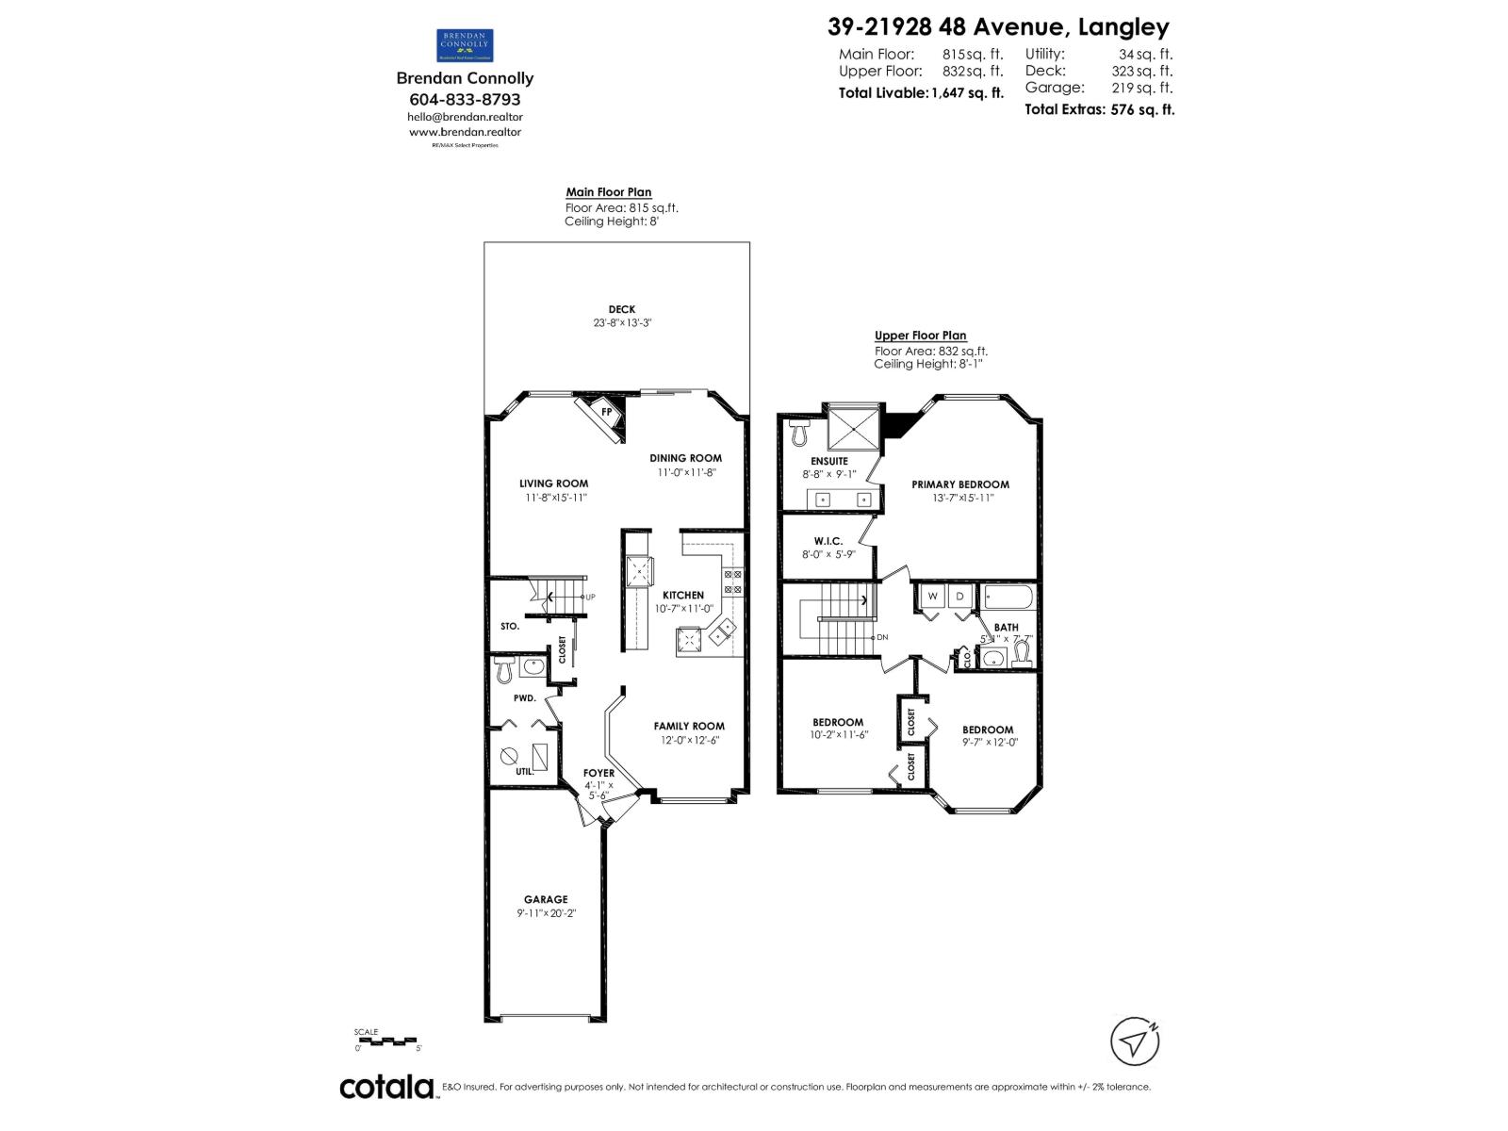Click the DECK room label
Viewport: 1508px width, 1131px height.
[621, 309]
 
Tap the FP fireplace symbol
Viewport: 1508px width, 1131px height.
[606, 412]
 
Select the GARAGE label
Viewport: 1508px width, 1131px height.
[546, 899]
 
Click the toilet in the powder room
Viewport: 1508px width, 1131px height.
[504, 670]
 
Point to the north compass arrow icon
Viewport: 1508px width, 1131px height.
[1135, 1041]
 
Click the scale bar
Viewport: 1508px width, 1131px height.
[387, 1041]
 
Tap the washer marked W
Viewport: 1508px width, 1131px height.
[933, 597]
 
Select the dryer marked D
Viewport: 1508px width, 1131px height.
[959, 597]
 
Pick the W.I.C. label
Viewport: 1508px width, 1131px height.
[828, 541]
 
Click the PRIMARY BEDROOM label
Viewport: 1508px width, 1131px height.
[959, 484]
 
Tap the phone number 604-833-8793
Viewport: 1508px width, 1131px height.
[465, 99]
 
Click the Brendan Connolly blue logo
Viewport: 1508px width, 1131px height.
[465, 45]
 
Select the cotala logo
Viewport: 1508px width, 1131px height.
[386, 1087]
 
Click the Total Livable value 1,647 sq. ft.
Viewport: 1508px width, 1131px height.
[967, 92]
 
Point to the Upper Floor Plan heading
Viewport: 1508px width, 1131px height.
[920, 336]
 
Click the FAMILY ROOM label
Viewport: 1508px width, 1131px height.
[689, 726]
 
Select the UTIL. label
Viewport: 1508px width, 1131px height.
[524, 772]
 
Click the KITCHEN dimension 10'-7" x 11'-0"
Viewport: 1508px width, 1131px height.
[684, 609]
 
